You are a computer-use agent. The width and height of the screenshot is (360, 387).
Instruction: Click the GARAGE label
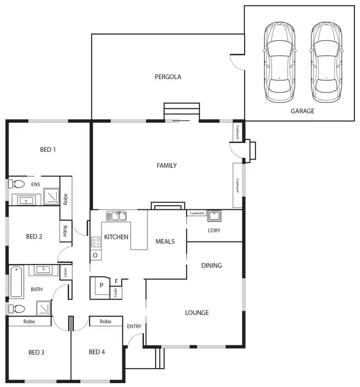click(x=302, y=111)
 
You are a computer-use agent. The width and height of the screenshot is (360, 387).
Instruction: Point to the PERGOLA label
click(x=168, y=76)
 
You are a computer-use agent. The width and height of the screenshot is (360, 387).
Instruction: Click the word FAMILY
click(x=167, y=166)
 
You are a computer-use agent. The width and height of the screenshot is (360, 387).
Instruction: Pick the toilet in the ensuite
click(x=17, y=184)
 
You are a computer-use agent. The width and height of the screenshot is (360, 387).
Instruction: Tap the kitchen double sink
click(x=116, y=216)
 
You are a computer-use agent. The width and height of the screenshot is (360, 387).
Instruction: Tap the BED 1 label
click(x=48, y=149)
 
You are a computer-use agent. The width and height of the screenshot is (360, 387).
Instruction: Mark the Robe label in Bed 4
click(x=106, y=321)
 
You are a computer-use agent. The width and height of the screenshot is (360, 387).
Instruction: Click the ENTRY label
click(x=134, y=327)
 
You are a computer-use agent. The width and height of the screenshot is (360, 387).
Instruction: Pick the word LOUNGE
click(x=197, y=313)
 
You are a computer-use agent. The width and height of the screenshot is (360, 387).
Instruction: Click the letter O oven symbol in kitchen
click(x=95, y=255)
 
